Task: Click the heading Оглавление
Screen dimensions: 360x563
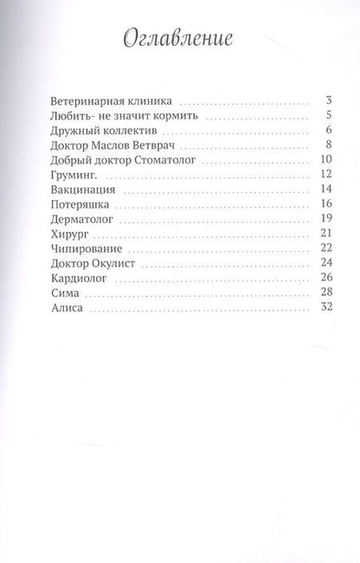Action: click(x=180, y=41)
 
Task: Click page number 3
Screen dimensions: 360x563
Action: click(x=319, y=101)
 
